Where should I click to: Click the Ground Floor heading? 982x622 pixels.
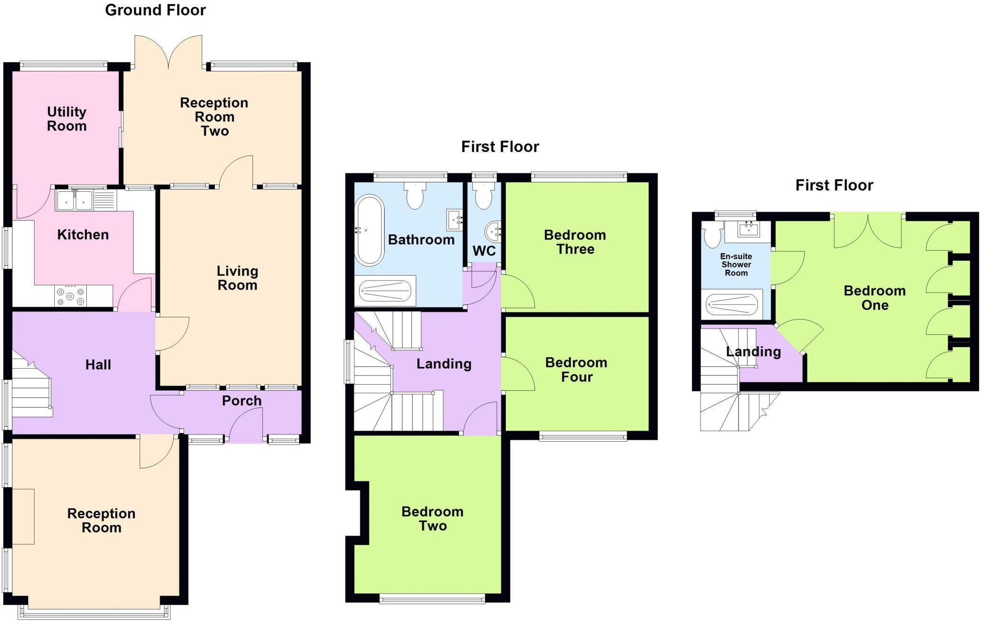(155, 10)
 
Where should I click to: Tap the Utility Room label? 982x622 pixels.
(67, 119)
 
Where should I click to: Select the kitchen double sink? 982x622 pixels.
(75, 200)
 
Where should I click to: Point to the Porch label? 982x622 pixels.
(242, 401)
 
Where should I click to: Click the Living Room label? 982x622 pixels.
(237, 278)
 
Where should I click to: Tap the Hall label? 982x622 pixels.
(98, 365)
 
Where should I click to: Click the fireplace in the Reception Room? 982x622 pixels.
(23, 516)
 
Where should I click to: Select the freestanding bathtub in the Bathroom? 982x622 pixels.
(369, 230)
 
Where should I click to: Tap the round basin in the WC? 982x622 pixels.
(493, 232)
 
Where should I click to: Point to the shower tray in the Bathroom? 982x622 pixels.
(385, 291)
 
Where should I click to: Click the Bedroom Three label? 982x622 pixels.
(575, 242)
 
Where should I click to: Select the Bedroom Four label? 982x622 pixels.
(576, 370)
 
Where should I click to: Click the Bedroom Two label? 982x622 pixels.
(433, 519)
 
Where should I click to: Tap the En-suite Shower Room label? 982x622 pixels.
(736, 265)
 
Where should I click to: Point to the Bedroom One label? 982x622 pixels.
(875, 298)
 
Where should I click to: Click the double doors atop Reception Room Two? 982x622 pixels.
(168, 52)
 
